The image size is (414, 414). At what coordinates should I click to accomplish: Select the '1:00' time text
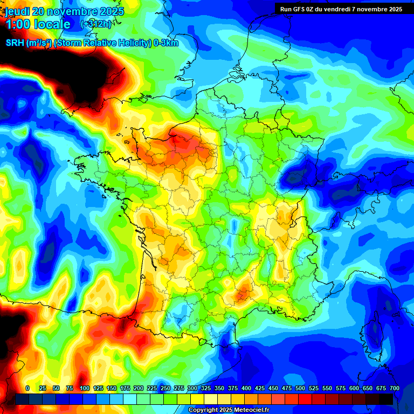pyautogui.click(x=18, y=24)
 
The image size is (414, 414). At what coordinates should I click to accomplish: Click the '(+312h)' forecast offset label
pyautogui.click(x=95, y=24)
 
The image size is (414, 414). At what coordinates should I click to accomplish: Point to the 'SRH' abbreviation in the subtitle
pyautogui.click(x=15, y=43)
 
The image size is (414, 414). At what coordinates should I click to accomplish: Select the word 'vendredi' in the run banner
pyautogui.click(x=345, y=9)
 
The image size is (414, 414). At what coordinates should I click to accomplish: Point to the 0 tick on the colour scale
pyautogui.click(x=27, y=388)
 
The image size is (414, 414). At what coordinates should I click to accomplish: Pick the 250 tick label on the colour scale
pyautogui.click(x=165, y=388)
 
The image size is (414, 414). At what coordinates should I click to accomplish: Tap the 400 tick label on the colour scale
pyautogui.click(x=246, y=388)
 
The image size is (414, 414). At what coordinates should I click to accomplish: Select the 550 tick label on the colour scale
pyautogui.click(x=327, y=388)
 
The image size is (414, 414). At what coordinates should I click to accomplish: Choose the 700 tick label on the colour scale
pyautogui.click(x=395, y=388)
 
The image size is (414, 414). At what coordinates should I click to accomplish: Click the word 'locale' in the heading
pyautogui.click(x=52, y=24)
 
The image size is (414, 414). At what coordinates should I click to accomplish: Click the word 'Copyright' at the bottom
pyautogui.click(x=203, y=410)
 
